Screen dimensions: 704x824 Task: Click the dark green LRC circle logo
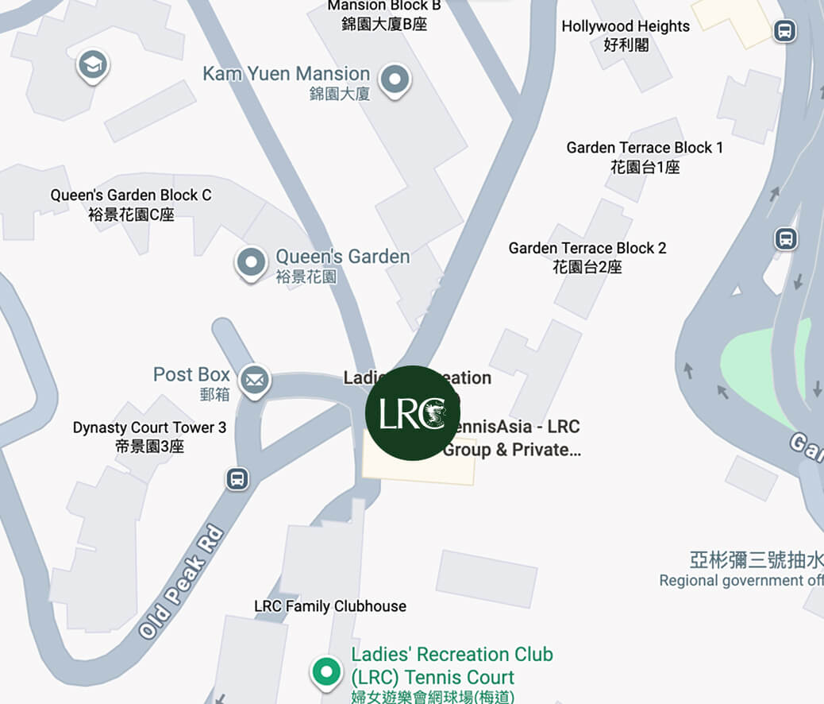(x=412, y=413)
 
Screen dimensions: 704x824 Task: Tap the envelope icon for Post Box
(x=255, y=381)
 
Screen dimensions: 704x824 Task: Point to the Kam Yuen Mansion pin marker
(x=395, y=79)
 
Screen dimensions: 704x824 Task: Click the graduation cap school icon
(x=93, y=66)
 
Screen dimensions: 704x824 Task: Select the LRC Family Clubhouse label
(x=330, y=606)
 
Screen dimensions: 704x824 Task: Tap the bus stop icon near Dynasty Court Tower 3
(x=237, y=479)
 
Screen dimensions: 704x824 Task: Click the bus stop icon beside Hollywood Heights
(x=784, y=32)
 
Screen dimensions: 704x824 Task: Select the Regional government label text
(x=741, y=581)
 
